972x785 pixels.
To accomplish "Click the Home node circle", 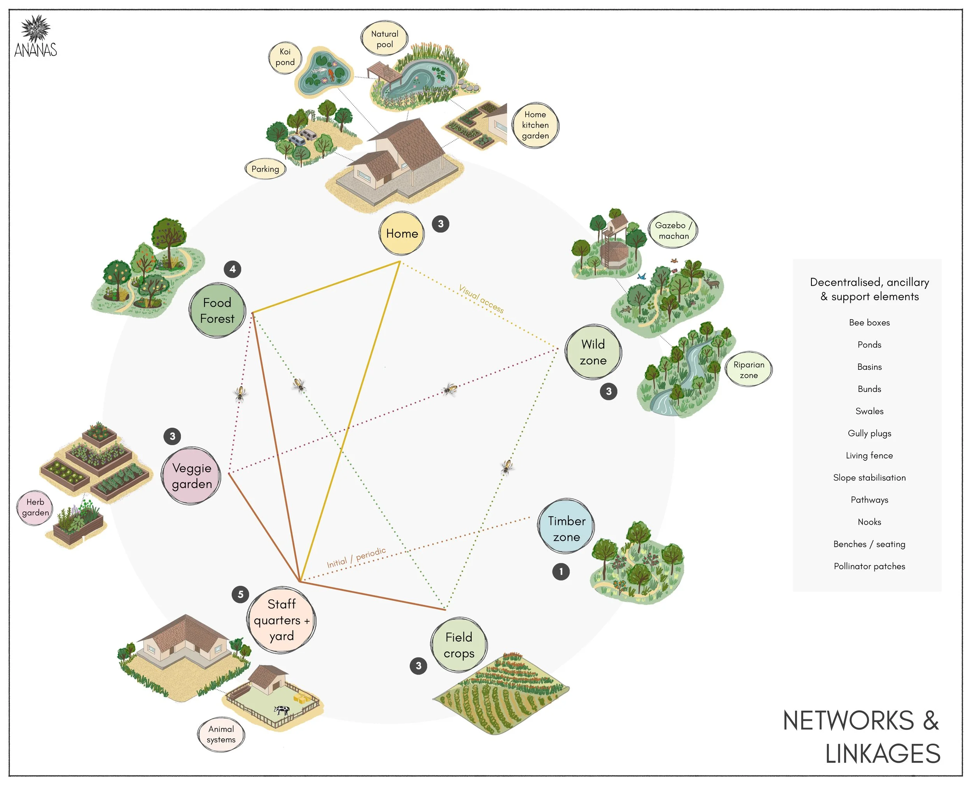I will coord(402,233).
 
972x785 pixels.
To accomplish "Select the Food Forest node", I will coord(217,311).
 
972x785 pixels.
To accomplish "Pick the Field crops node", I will coord(459,645).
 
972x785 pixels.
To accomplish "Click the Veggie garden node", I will coord(192,476).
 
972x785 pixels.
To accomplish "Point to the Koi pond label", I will coord(285,58).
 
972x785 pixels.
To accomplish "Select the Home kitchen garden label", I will coord(535,125).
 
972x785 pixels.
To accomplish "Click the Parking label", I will coord(266,169).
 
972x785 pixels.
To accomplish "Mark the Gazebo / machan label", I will coord(673,230).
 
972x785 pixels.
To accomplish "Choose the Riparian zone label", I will coord(749,370).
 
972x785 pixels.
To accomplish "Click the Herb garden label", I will coord(35,507).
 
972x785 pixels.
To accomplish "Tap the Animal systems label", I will coord(221,734).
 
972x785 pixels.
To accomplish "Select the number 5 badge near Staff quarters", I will coord(241,594).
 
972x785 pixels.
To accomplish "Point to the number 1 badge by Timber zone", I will coord(561,572).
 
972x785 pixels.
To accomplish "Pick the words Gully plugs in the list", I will coord(869,433).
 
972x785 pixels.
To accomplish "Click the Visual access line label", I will coord(481,299).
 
